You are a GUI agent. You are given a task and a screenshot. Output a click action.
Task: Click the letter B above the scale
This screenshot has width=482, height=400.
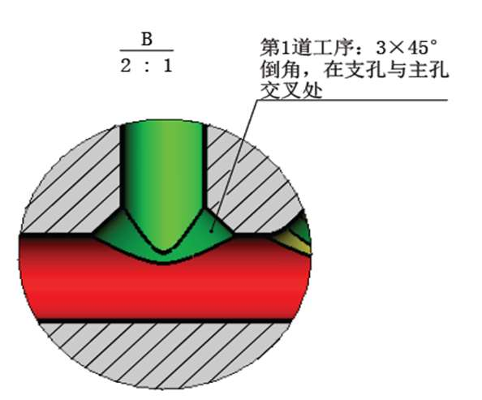point(147,40)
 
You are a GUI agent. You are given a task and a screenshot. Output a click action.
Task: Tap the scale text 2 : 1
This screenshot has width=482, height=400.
point(146,66)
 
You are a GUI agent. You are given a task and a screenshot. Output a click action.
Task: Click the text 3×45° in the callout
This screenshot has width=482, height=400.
point(406,48)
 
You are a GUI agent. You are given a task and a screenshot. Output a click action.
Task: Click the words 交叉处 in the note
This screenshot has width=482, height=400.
point(291,91)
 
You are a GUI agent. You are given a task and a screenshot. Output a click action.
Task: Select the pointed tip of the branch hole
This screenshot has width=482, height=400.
point(164,252)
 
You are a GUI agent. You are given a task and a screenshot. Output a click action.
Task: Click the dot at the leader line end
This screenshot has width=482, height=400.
point(211,230)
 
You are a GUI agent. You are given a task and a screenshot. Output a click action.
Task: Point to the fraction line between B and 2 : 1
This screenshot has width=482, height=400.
point(147,50)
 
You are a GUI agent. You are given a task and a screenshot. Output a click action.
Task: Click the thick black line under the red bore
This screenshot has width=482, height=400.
point(166,320)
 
